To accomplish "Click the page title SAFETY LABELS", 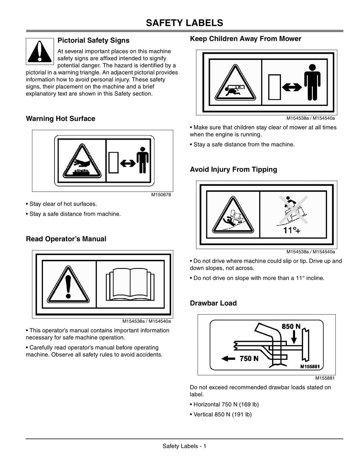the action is click(185, 23).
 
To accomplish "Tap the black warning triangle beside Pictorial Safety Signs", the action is click(40, 51).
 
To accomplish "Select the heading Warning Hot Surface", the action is click(60, 119).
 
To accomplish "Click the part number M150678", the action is click(161, 195).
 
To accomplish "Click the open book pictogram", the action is click(130, 285).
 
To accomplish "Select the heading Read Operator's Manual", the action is click(66, 239).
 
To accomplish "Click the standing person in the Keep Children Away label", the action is click(313, 82).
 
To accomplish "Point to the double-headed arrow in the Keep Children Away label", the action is click(292, 87).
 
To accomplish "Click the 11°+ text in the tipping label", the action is click(292, 230).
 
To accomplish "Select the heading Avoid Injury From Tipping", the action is click(233, 170).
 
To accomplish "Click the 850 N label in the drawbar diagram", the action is click(291, 326).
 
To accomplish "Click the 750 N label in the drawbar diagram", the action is click(249, 358).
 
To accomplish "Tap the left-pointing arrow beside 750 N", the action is click(228, 358).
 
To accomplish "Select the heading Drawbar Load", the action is click(213, 303).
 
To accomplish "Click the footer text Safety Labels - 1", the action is click(184, 446).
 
